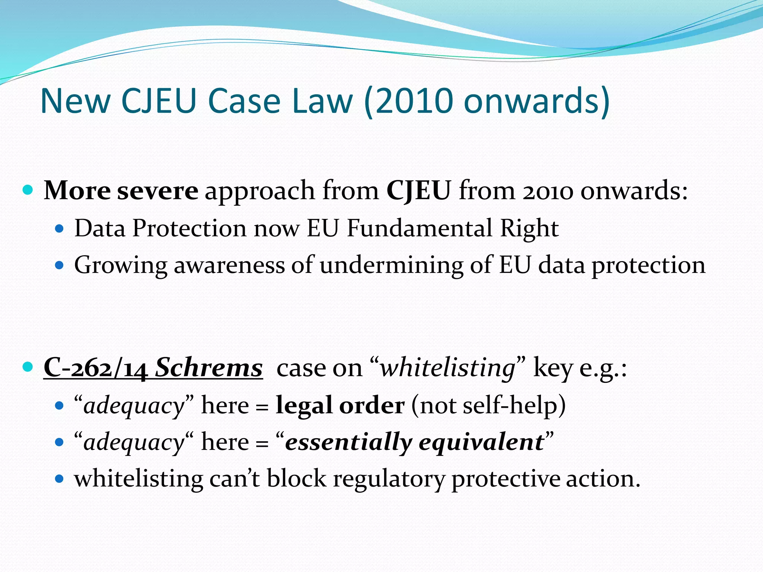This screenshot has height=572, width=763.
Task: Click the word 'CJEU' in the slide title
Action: [x=159, y=101]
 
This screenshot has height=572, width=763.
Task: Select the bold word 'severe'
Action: [x=158, y=191]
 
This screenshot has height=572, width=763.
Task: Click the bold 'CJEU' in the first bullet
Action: [x=419, y=191]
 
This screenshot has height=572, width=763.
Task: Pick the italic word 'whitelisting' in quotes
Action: [x=447, y=368]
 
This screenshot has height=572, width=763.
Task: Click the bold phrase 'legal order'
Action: [x=340, y=405]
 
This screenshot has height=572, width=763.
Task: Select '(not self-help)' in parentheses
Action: [x=488, y=405]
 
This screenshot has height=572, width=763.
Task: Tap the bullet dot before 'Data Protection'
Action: [x=59, y=228]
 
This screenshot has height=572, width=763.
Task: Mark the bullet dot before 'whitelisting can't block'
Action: [x=59, y=479]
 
